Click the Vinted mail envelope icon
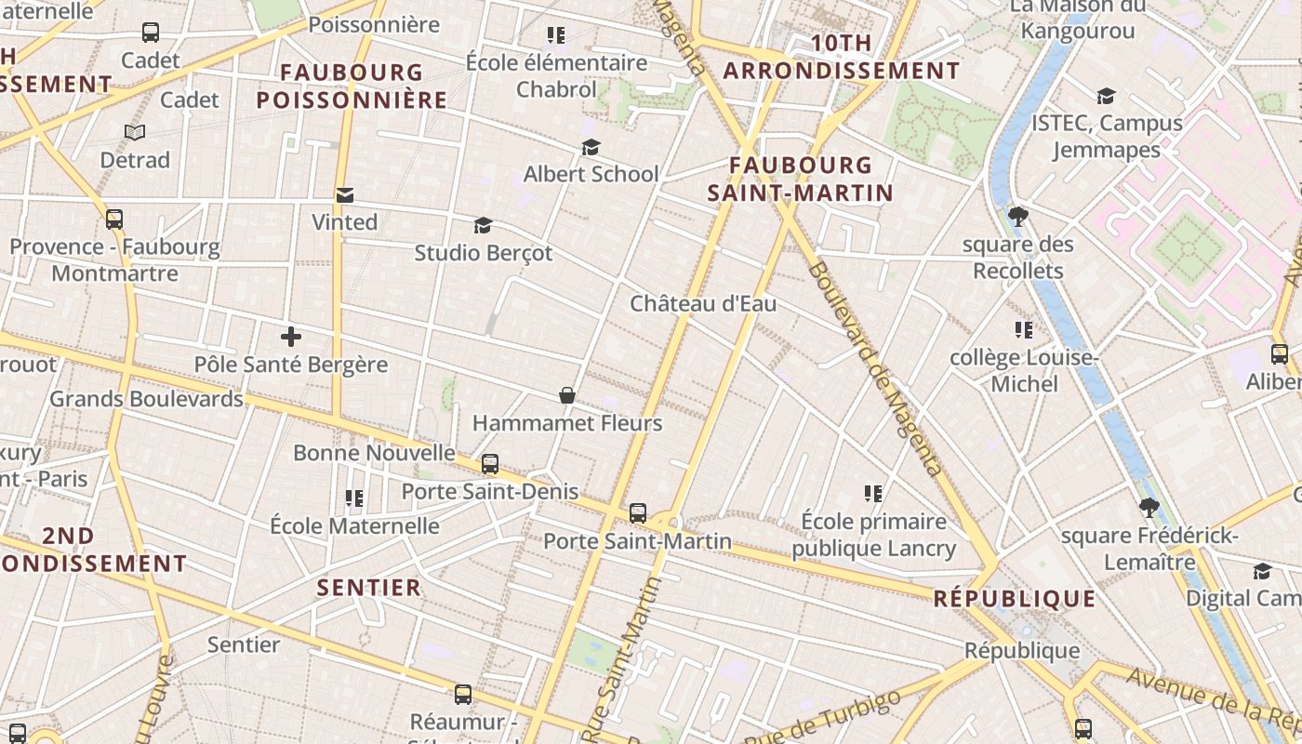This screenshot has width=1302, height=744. point(345,195)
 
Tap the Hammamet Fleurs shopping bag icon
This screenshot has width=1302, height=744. point(567,396)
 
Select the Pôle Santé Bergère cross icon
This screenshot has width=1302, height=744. point(291,337)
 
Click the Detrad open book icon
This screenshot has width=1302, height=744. point(135,133)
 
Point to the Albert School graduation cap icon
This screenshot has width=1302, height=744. point(591,147)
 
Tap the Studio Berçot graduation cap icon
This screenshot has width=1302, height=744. point(483,225)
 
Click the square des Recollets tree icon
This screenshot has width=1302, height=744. point(1018,217)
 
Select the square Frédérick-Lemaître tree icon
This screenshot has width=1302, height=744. point(1149,508)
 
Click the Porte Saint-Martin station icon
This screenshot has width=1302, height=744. point(638,512)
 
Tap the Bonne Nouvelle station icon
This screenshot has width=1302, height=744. point(490,463)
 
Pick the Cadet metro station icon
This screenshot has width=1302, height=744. point(151,33)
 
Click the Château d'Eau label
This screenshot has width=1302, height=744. point(703,304)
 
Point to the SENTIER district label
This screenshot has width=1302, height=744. point(369,588)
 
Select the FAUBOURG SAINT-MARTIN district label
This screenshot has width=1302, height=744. point(800,179)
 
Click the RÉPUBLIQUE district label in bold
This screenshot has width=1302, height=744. point(1015,599)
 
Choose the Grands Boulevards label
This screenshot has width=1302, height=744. point(146,399)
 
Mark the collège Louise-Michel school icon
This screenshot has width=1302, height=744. point(1024,330)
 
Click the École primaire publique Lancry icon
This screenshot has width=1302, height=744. point(873,494)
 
